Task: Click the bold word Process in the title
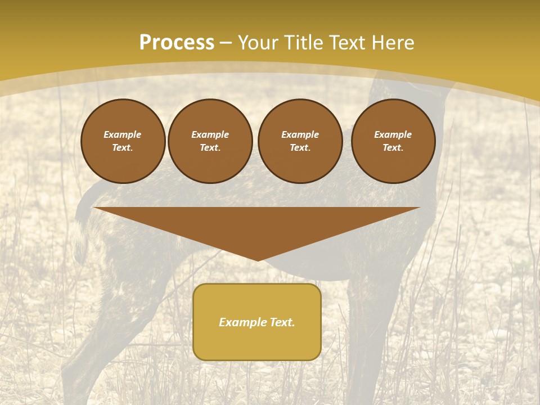coord(177,43)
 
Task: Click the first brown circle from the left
coord(123,141)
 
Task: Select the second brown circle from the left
coord(210,141)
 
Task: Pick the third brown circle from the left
coord(300,141)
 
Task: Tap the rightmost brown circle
coord(393,141)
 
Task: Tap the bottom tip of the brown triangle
coord(258,260)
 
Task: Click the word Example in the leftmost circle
coord(123,134)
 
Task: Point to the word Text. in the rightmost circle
coord(393,147)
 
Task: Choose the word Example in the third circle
coord(300,134)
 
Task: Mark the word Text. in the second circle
coord(210,147)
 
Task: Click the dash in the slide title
coord(226,43)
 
